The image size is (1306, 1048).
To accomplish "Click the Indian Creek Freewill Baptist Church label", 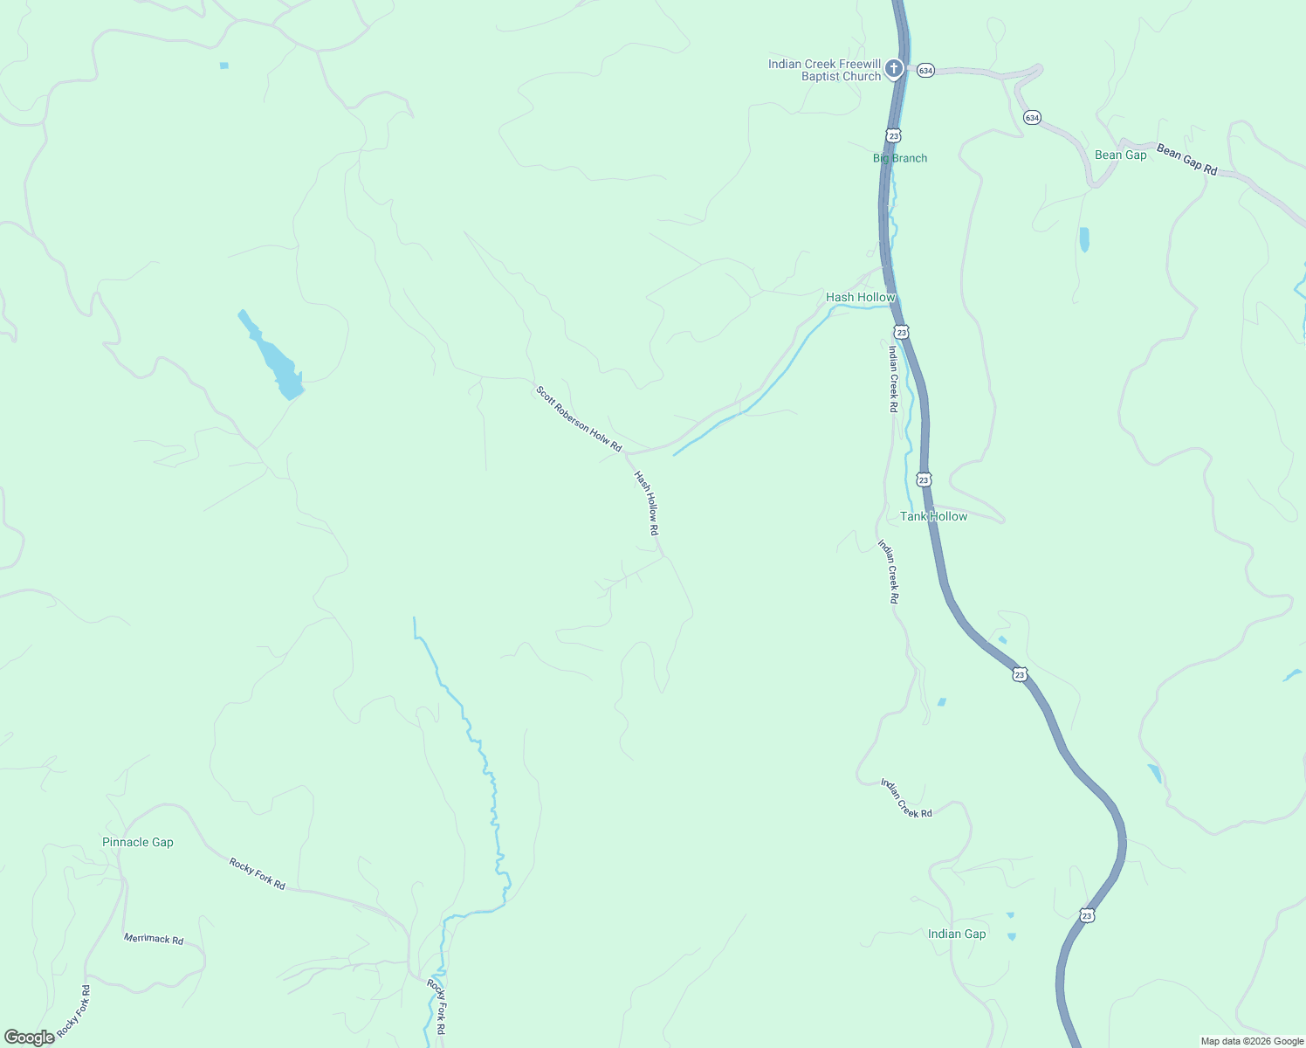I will point(824,70).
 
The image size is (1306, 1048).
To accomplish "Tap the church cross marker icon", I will point(893,68).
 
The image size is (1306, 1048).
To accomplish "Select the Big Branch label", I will point(900,158).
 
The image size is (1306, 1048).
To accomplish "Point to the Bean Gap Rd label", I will point(1186,160).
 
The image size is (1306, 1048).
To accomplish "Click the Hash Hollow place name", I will point(861,297).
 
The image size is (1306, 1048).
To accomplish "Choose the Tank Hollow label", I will point(933,516).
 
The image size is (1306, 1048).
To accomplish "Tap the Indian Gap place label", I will point(957,934).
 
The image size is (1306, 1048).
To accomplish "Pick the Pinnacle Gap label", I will point(138,842).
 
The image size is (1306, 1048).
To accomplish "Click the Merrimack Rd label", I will point(154,940).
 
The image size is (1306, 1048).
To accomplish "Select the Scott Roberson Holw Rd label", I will point(578,419).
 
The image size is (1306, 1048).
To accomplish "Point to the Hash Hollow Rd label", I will point(646,503).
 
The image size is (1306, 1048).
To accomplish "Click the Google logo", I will point(30,1038).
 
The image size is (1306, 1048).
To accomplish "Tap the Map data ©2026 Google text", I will point(1251,1041).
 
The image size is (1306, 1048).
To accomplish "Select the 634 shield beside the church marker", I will point(925,70).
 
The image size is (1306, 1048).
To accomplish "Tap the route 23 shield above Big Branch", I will point(892,135).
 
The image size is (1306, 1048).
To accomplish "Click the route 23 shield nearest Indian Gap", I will point(1086,915).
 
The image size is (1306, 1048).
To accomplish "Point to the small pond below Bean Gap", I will point(1084,239).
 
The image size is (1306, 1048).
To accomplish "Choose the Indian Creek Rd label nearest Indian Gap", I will point(906,798).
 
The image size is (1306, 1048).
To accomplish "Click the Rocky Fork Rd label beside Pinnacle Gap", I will point(257,873).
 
